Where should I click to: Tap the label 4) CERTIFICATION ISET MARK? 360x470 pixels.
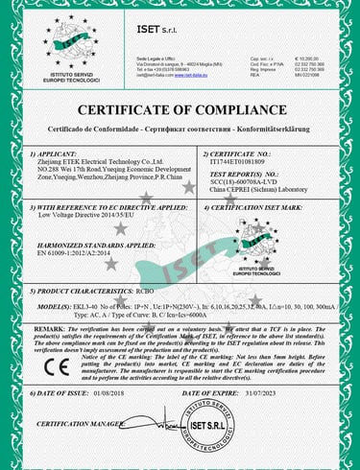(252, 205)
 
